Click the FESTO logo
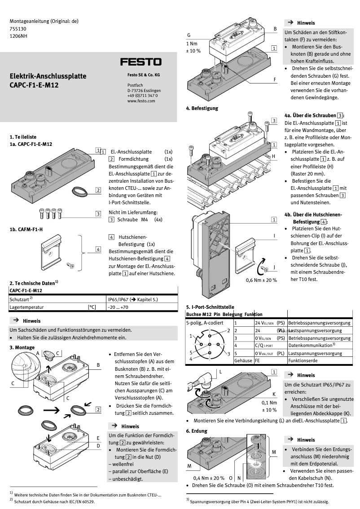click(140, 62)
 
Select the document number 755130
click(18, 27)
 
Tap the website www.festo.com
click(140, 101)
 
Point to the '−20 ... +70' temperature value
click(118, 307)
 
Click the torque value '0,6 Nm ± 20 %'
click(261, 280)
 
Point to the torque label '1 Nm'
click(192, 44)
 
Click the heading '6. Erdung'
click(197, 431)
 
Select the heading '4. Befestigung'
click(202, 108)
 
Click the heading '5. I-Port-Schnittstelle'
click(213, 307)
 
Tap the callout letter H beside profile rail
click(273, 156)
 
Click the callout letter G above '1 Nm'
click(189, 35)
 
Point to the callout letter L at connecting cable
click(220, 372)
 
